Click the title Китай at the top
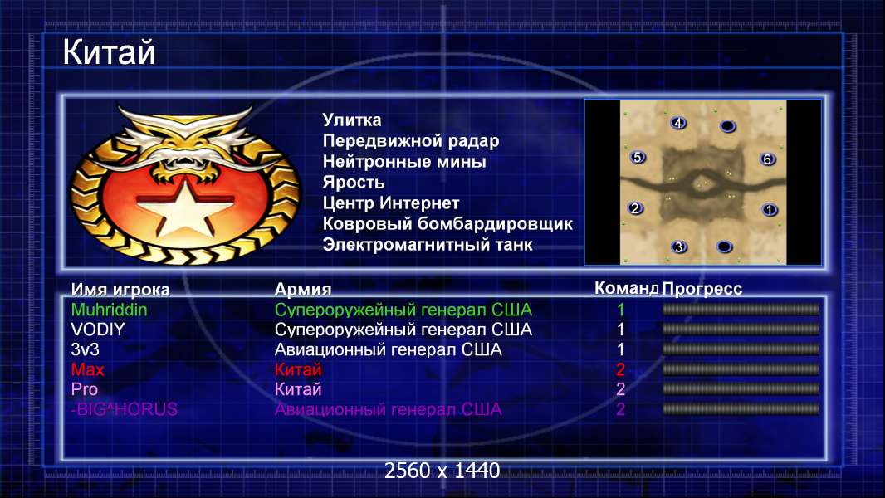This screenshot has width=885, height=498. [109, 52]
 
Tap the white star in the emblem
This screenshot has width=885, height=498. [184, 207]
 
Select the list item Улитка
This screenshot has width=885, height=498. [352, 120]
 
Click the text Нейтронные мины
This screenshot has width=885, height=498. [404, 162]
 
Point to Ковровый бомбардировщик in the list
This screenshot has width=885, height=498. [447, 224]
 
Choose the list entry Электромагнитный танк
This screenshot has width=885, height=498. [428, 245]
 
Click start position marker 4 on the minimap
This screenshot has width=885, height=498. [677, 122]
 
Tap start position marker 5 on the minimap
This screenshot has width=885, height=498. [638, 157]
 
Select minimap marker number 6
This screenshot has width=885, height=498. [767, 159]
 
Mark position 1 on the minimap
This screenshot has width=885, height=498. [770, 210]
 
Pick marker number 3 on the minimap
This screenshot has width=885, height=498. [679, 247]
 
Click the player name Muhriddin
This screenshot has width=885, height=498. [109, 310]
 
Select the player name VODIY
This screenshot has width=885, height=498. [98, 330]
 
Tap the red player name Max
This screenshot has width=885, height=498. [87, 369]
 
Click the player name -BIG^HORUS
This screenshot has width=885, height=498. [125, 409]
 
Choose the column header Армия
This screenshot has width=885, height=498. [302, 290]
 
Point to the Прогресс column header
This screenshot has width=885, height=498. [702, 289]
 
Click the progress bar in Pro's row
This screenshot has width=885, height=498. [741, 389]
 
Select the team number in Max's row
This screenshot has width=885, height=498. [620, 369]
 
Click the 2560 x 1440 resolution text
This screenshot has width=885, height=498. [442, 471]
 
